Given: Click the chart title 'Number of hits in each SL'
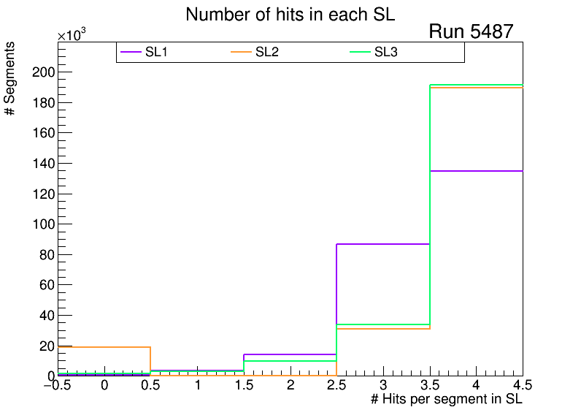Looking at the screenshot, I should coord(290,15).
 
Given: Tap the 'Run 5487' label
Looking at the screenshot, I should coord(471,31).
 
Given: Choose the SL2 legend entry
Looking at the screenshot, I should coord(268,52).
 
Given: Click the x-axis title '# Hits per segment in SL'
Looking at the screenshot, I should coord(447,399).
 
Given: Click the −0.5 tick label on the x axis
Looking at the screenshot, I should coord(58,385).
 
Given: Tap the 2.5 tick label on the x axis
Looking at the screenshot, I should coord(336,385).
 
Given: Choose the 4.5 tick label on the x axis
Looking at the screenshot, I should coord(522,385).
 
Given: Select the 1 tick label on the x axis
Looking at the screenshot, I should coord(197,385).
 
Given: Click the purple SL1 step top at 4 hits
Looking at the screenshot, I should coord(476,171).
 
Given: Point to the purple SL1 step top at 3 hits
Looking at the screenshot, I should coord(382,244).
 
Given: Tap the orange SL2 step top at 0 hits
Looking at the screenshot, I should coord(104,347).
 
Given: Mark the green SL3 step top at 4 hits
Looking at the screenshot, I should coord(476,85).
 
